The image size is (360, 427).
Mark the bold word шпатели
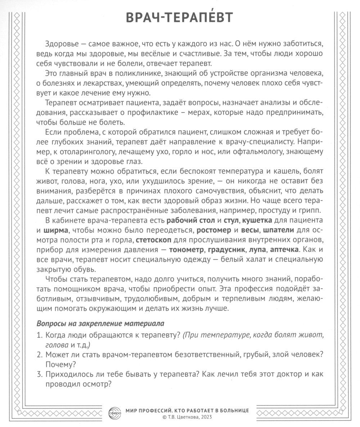[279, 230]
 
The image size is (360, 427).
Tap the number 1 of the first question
[39, 335]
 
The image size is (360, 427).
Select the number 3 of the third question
[39, 374]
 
